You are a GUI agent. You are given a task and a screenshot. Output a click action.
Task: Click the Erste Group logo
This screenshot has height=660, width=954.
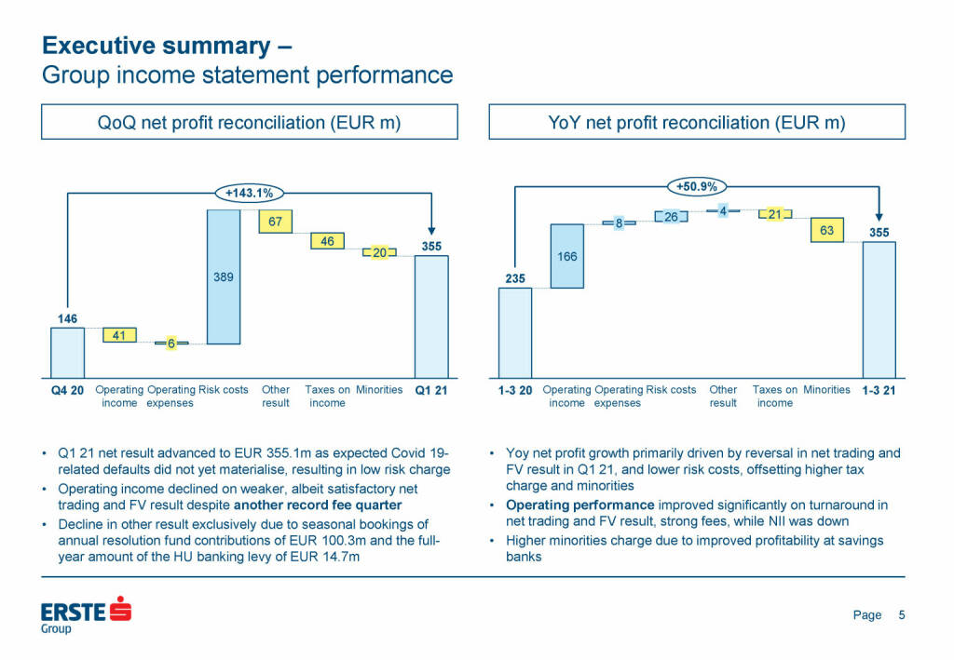tap(86, 615)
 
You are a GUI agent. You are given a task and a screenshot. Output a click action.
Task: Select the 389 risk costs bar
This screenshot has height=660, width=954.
tap(224, 276)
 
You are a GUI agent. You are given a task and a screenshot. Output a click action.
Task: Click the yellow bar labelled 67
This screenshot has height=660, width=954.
tap(276, 222)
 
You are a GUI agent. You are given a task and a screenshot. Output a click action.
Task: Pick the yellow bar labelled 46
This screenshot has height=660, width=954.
tap(327, 241)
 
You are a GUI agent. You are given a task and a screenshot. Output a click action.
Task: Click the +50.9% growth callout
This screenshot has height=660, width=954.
tap(697, 186)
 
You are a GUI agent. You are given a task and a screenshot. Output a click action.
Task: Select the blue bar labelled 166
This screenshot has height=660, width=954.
tap(566, 256)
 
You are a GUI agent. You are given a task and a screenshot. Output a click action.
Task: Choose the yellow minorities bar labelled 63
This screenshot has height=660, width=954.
tap(826, 230)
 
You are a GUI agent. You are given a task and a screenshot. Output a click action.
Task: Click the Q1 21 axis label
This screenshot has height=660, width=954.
tap(431, 390)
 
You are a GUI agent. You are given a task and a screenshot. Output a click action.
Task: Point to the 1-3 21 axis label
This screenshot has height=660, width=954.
tap(879, 390)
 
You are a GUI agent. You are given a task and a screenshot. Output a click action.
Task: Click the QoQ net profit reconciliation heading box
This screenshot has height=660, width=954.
tap(250, 122)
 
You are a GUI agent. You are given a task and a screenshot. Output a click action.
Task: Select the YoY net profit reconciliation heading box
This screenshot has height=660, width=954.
tap(697, 122)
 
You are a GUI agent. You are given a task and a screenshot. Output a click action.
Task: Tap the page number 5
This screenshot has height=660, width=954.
tap(901, 614)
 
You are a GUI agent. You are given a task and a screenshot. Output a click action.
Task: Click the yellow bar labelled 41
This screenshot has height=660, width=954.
tap(119, 335)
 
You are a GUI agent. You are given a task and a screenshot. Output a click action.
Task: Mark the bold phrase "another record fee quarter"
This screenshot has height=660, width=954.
tap(318, 505)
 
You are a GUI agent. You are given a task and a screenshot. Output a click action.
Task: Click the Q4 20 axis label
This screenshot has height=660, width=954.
tap(67, 390)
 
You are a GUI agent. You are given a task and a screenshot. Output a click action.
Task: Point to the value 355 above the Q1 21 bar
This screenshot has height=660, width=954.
tap(431, 247)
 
